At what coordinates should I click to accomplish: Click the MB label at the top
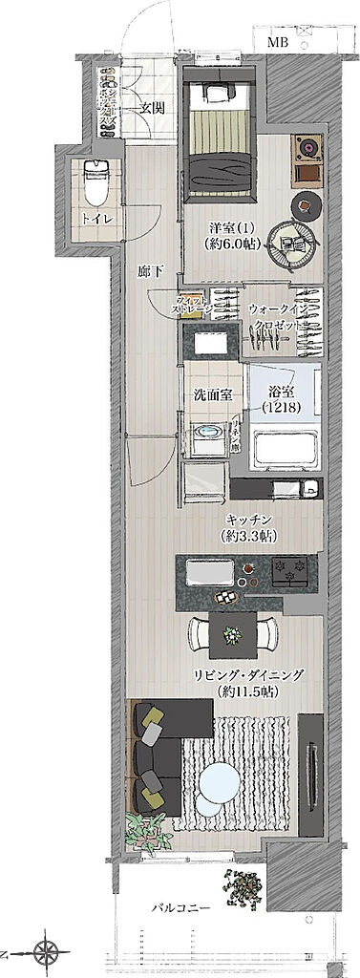coord(277,43)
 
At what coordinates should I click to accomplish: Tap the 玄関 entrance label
coord(152,107)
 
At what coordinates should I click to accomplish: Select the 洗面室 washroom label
coord(210,393)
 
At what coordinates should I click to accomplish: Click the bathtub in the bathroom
coord(284,448)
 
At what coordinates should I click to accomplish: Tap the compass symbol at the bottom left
coord(44,951)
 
